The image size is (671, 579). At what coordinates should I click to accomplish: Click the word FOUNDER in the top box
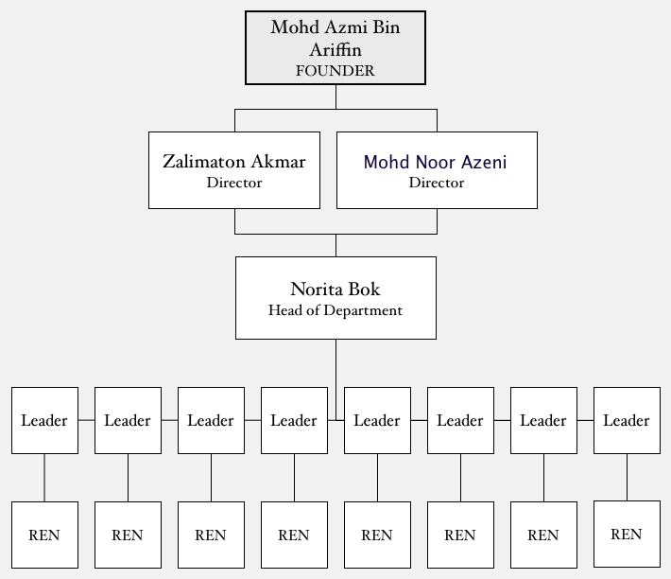click(x=335, y=71)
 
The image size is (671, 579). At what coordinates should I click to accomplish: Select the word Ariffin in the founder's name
click(x=335, y=49)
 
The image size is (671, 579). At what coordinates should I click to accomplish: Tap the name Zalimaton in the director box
click(x=204, y=162)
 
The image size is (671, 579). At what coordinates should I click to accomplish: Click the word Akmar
click(x=278, y=162)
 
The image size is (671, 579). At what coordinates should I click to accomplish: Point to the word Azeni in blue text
click(x=485, y=163)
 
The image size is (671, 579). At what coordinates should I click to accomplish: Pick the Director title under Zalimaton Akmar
click(x=234, y=183)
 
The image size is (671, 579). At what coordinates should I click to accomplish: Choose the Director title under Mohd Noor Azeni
click(x=437, y=183)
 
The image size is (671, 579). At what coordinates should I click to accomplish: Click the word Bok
click(x=364, y=289)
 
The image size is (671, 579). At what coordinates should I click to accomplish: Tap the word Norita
click(x=317, y=289)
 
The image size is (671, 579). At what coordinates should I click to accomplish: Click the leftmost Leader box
click(x=45, y=421)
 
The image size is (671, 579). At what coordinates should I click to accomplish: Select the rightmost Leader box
click(x=627, y=421)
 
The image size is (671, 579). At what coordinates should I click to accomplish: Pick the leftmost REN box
click(x=45, y=535)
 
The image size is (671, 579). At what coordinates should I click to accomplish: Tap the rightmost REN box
click(x=627, y=534)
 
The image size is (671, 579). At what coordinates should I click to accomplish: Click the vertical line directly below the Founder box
click(x=335, y=96)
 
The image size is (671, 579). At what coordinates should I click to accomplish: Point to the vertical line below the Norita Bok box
click(x=335, y=380)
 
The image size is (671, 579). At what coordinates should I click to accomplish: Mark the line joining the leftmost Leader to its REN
click(x=44, y=478)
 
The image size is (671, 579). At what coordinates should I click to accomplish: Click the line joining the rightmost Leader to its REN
click(x=627, y=477)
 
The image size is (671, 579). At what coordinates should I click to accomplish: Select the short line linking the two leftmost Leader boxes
click(x=86, y=420)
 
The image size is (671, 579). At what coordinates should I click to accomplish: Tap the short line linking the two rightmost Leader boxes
click(x=585, y=420)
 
